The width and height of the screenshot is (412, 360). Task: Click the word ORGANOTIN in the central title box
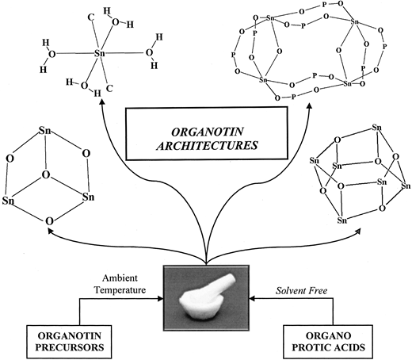click(x=207, y=132)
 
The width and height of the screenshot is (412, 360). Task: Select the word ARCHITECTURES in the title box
click(x=207, y=146)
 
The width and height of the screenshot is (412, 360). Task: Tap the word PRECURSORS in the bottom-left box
click(x=70, y=347)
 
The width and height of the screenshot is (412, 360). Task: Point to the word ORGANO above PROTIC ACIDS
click(x=328, y=335)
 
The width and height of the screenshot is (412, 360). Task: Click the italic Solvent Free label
click(x=302, y=291)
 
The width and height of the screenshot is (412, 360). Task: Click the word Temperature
click(x=120, y=290)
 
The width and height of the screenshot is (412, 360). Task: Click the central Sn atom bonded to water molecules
click(x=100, y=54)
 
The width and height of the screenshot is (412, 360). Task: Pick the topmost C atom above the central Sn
click(x=91, y=17)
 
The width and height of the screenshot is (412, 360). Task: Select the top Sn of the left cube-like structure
click(x=45, y=131)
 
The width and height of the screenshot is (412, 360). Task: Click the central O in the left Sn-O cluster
click(x=45, y=174)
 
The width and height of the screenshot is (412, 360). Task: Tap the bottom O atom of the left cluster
click(x=49, y=221)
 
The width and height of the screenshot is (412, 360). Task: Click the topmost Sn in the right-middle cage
click(x=377, y=128)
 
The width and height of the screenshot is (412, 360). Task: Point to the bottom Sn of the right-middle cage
click(x=342, y=220)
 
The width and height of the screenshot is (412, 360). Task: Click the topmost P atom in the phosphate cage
click(x=325, y=4)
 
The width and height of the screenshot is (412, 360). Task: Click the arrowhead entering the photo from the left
click(x=161, y=299)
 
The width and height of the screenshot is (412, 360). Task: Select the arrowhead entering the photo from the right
click(x=253, y=299)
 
